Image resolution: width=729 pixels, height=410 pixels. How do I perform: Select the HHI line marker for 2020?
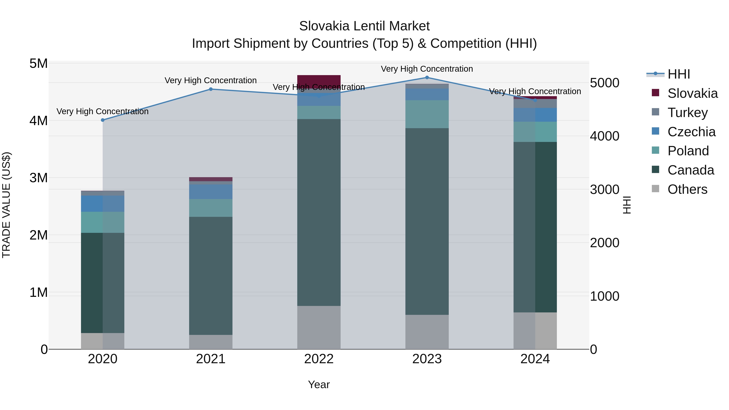[x=103, y=120]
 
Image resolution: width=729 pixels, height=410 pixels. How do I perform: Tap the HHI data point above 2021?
[x=211, y=89]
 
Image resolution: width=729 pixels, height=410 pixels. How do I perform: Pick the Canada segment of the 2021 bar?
[x=211, y=276]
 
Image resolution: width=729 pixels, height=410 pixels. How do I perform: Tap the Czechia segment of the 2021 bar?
[x=211, y=192]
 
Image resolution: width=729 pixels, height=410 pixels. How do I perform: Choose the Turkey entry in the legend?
[x=687, y=112]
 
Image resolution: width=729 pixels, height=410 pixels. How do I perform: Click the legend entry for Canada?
[x=691, y=170]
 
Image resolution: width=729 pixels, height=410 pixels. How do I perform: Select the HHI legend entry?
[x=679, y=74]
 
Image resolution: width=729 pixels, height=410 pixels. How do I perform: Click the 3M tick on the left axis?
[x=38, y=178]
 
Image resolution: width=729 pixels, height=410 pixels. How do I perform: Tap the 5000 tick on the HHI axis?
[x=604, y=83]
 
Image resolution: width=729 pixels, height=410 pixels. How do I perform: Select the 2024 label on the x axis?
[x=535, y=359]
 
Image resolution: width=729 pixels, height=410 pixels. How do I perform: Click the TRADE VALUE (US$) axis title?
[x=6, y=205]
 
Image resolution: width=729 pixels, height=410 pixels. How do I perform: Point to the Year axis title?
[x=319, y=384]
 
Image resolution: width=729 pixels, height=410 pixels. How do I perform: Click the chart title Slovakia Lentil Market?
[x=364, y=26]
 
